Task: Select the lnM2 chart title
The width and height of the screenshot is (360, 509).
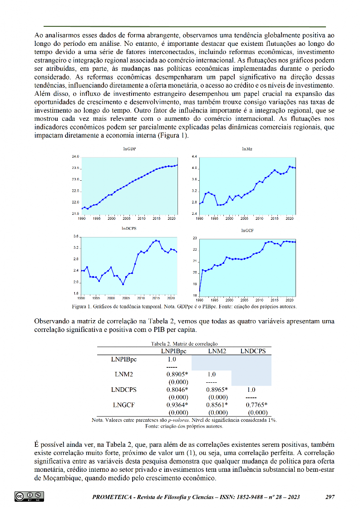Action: pyautogui.click(x=247, y=148)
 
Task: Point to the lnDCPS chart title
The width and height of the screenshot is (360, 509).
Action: pyautogui.click(x=129, y=229)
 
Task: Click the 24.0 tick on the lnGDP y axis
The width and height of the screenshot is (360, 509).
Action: pyautogui.click(x=76, y=157)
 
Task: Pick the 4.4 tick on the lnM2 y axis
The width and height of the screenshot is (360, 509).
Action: pyautogui.click(x=194, y=157)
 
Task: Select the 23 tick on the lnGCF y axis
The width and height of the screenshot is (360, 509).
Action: pyautogui.click(x=194, y=238)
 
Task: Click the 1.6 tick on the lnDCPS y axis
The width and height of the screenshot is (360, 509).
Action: pyautogui.click(x=76, y=293)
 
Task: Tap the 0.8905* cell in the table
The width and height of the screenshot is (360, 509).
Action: pyautogui.click(x=177, y=375)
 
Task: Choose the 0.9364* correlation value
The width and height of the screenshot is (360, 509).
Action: pyautogui.click(x=177, y=405)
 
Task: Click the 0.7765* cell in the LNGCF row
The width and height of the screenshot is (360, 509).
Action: pyautogui.click(x=256, y=405)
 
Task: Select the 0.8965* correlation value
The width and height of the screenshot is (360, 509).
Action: pyautogui.click(x=217, y=390)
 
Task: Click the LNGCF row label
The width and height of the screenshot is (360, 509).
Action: pyautogui.click(x=123, y=405)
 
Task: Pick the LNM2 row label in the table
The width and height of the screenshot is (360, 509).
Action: pyautogui.click(x=123, y=375)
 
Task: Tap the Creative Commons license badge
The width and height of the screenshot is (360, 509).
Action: pyautogui.click(x=30, y=496)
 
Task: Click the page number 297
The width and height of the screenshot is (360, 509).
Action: pyautogui.click(x=330, y=497)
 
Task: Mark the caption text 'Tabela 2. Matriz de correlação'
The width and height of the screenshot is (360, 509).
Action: pyautogui.click(x=184, y=344)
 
